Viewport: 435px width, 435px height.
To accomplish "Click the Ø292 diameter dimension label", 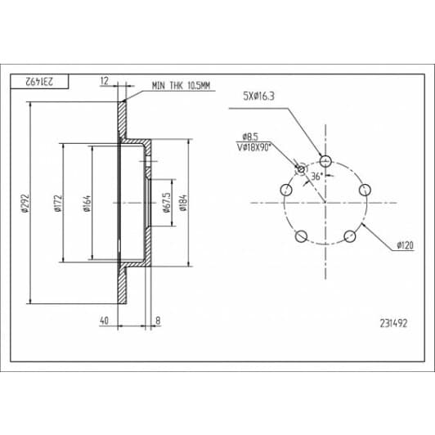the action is tap(25, 204).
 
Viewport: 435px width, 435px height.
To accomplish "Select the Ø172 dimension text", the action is tap(59, 204).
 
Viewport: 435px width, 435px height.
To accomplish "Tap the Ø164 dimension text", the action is tap(87, 204).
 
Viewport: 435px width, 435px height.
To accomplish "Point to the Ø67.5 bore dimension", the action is tap(167, 202).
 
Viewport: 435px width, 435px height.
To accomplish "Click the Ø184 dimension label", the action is tap(183, 203).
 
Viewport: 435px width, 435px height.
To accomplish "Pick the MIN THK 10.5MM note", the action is tap(181, 86).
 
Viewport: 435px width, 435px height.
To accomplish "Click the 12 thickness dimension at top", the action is tap(105, 81).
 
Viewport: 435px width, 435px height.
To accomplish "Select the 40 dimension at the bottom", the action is tap(104, 321).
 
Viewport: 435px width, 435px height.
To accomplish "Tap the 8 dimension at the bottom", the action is tap(158, 321).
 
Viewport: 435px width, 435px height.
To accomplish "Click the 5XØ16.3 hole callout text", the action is tap(259, 96).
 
